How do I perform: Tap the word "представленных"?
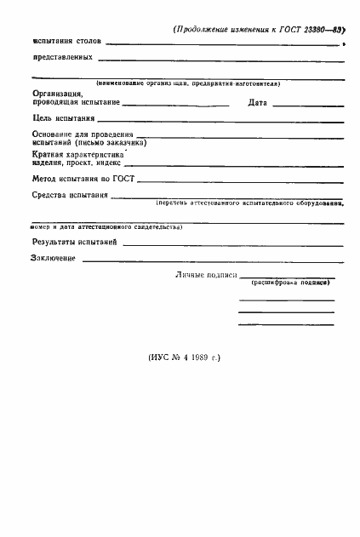click(62, 59)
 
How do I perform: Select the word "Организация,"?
click(58, 93)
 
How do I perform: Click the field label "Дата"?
click(258, 102)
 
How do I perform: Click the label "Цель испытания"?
click(63, 119)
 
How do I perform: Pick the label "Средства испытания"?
click(69, 196)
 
